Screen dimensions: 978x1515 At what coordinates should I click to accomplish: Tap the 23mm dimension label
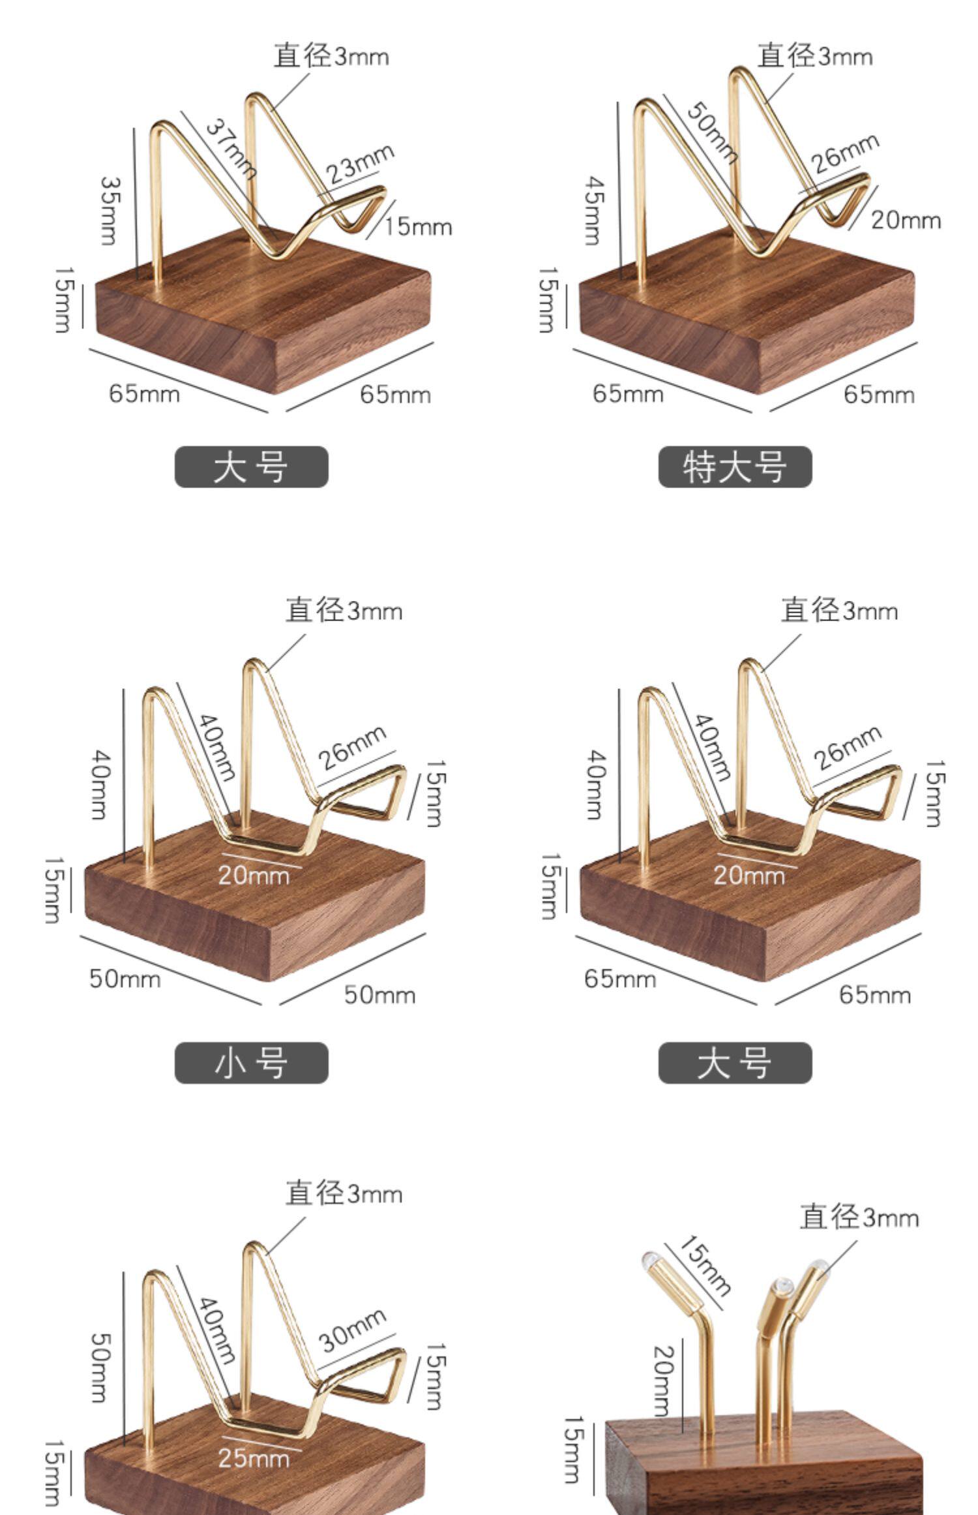coord(360,162)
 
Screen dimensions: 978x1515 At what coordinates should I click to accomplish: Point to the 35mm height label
coord(109,210)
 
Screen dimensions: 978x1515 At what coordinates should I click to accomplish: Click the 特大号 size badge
coord(735,467)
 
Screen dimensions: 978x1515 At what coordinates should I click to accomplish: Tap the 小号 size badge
coord(251,1063)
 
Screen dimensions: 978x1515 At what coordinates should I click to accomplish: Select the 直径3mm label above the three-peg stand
coord(859,1217)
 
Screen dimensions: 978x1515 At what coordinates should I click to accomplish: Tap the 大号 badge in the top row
coord(251,467)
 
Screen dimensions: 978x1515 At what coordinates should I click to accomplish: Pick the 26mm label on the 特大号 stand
coord(846,153)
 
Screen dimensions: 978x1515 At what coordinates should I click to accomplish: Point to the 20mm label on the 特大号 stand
coord(906,221)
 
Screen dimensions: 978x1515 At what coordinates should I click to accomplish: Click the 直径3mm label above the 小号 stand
coord(344,611)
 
